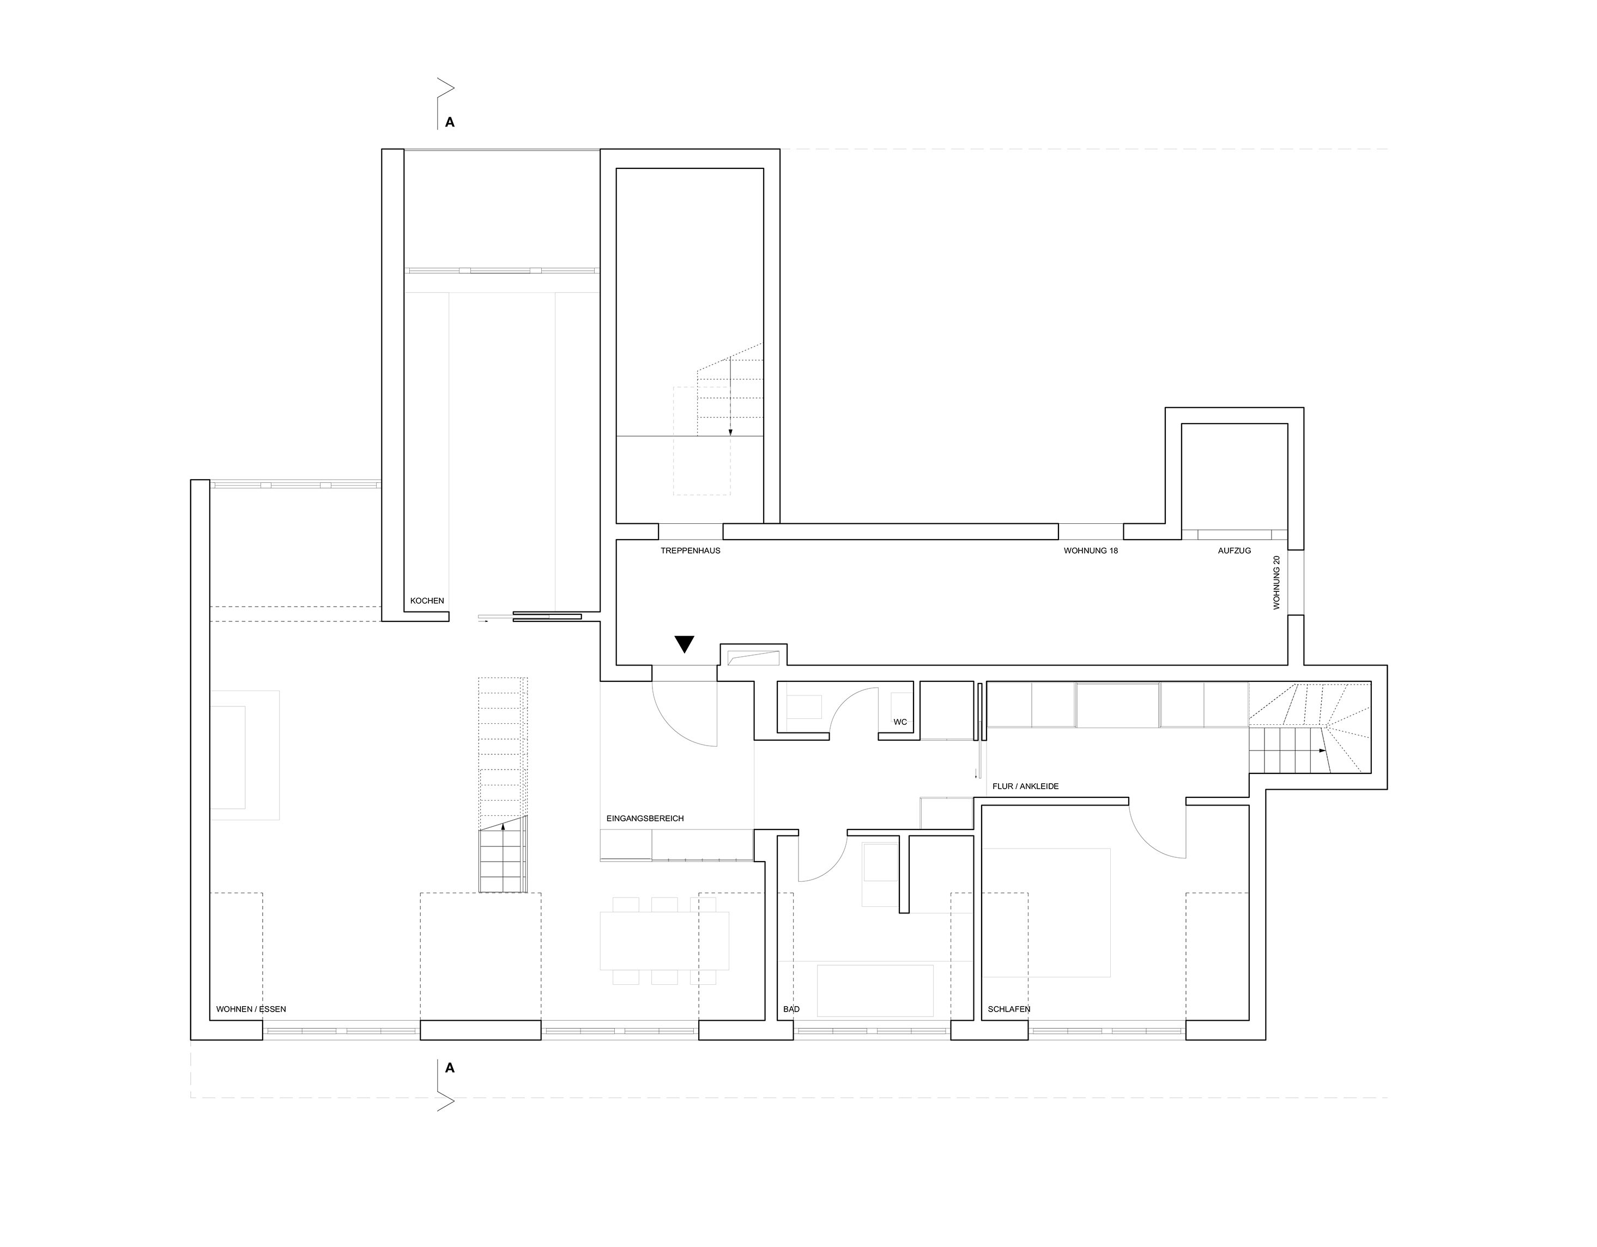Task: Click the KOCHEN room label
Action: (x=426, y=601)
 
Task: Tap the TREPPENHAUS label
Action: (x=690, y=550)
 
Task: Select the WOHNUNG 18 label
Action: (x=1090, y=550)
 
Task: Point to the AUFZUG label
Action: (x=1235, y=550)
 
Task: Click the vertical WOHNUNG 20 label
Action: (x=1277, y=583)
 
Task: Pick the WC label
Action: (x=900, y=722)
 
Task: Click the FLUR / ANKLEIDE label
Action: (x=1025, y=786)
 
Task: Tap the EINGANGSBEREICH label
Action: (x=645, y=819)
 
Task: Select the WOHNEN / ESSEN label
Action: (x=251, y=1009)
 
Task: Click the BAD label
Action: (x=791, y=1009)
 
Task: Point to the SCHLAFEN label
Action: (x=1008, y=1009)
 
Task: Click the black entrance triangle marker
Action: (x=685, y=644)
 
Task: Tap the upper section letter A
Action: (x=450, y=123)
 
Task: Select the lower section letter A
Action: (x=450, y=1068)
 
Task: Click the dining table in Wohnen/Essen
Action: (x=664, y=941)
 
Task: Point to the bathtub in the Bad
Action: (x=875, y=990)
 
